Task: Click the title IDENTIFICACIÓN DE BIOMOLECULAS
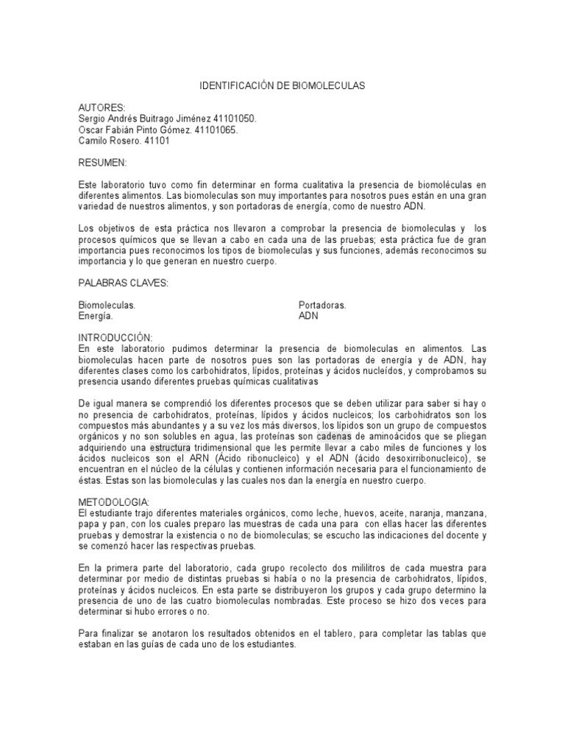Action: point(282,87)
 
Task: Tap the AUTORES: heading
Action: point(102,108)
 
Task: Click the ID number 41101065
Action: point(214,130)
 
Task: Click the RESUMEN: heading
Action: point(103,162)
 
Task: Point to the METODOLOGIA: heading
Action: point(113,501)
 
